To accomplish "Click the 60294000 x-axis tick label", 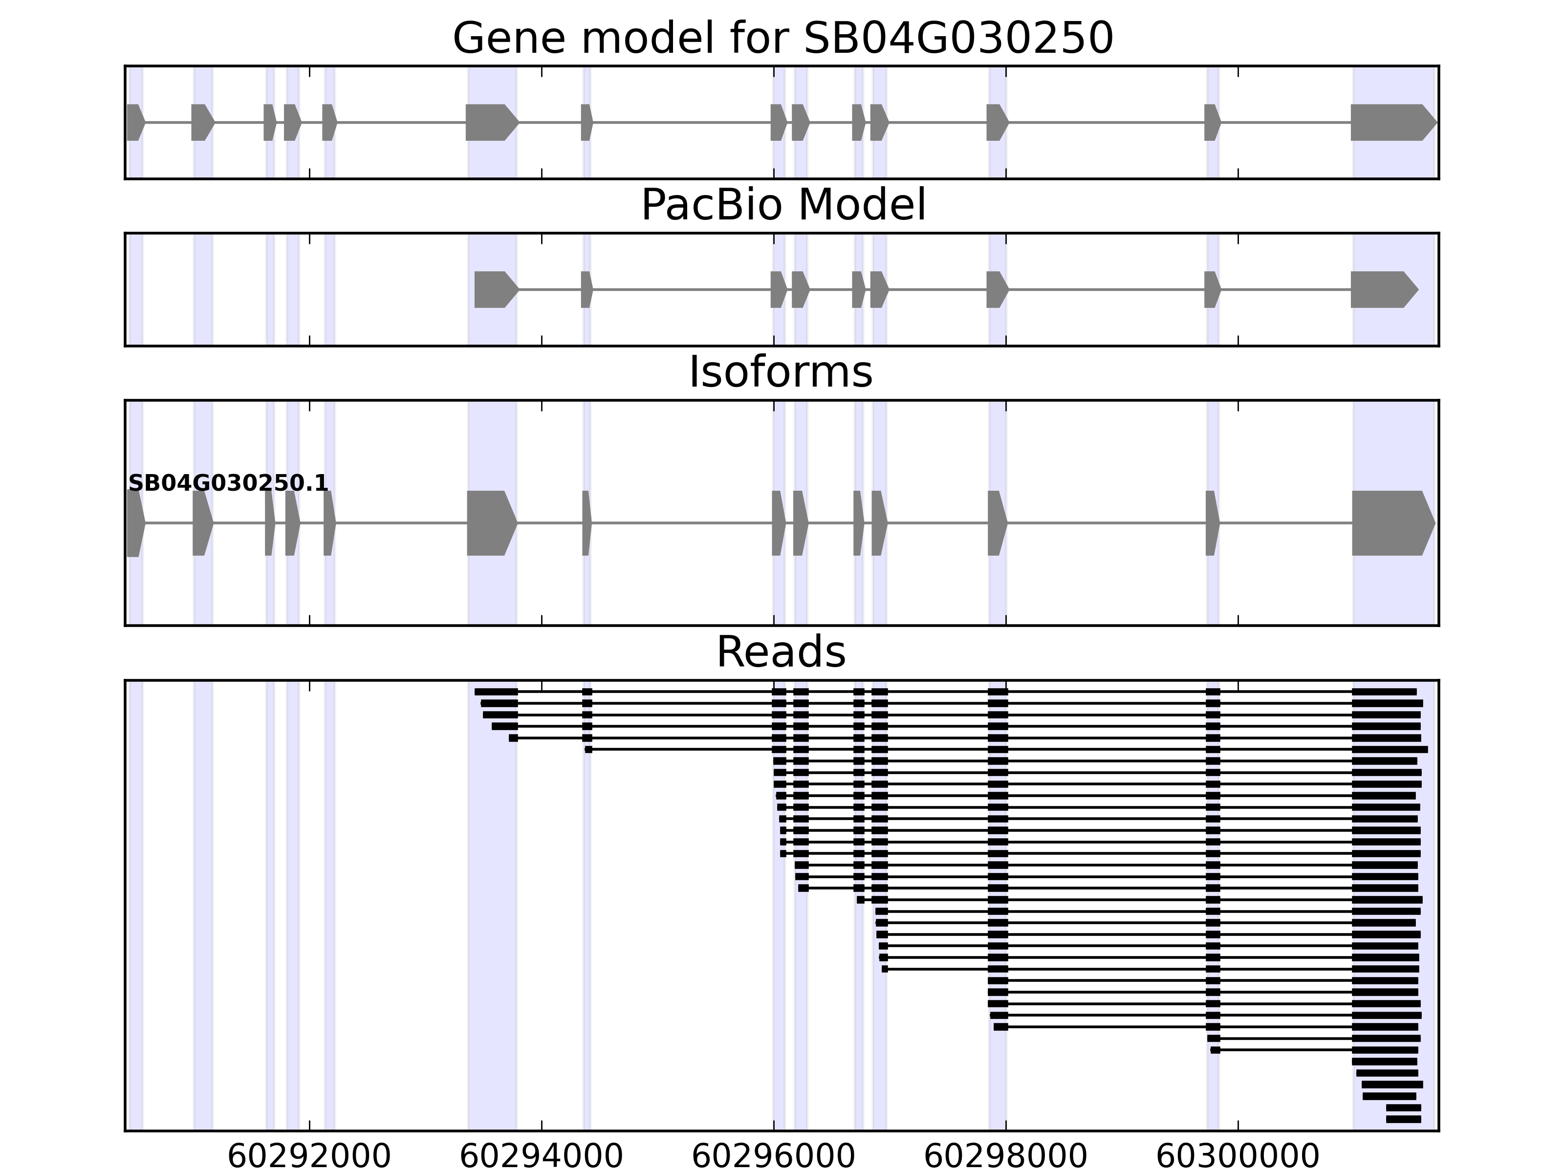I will tap(541, 1157).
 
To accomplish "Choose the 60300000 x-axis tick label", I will tap(1238, 1157).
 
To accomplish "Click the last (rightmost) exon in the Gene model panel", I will tap(1390, 122).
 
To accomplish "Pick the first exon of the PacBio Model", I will tap(494, 289).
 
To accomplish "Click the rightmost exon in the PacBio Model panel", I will tap(1381, 289).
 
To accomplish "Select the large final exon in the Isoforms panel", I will tap(1390, 523).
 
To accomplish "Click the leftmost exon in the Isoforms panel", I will tap(135, 523).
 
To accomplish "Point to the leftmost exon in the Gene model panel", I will tap(135, 122).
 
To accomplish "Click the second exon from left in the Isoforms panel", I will tap(201, 523).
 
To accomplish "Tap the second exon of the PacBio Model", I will tap(586, 289).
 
